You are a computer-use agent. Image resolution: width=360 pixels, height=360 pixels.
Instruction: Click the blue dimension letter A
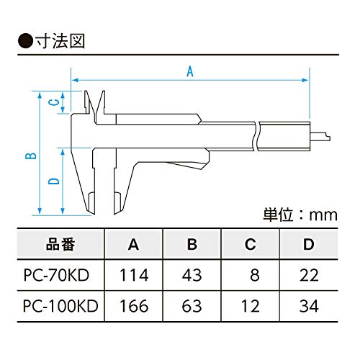[x=190, y=71]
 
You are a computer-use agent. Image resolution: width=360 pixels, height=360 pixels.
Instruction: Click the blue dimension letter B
[x=31, y=156]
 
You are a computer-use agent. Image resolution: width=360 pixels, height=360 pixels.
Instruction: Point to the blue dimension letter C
[x=54, y=102]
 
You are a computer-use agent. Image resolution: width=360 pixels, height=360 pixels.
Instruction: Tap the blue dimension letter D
[x=54, y=181]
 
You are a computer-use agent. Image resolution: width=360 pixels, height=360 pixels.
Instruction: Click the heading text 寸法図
[x=60, y=41]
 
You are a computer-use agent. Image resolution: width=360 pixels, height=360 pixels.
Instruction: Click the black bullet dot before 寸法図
[x=25, y=41]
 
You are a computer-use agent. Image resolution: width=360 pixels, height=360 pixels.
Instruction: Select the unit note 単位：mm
[x=300, y=215]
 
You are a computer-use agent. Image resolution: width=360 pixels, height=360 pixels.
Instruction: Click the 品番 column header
[x=60, y=244]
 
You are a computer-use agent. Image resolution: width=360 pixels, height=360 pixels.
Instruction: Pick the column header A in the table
[x=133, y=245]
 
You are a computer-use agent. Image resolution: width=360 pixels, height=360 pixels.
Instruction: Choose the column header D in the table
[x=309, y=245]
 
